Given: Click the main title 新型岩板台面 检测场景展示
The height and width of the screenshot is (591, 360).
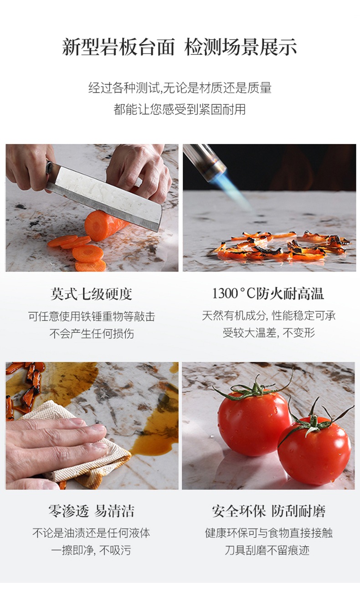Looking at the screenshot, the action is tap(180, 47).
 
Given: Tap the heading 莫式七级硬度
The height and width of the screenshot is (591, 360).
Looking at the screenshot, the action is tap(92, 294).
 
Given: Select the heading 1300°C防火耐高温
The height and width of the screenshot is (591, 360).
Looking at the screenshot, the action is tap(268, 293).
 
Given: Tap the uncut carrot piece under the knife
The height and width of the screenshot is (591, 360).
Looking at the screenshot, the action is tap(106, 226).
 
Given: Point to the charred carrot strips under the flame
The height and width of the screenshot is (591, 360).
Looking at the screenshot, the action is tap(283, 245).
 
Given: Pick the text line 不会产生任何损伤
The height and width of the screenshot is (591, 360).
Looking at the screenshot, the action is tap(92, 333).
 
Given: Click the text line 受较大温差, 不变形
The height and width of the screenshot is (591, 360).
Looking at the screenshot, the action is tap(269, 333).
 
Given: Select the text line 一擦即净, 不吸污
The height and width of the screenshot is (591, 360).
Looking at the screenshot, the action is tap(91, 550).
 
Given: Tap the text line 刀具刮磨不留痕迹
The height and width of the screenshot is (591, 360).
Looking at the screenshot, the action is tap(267, 550).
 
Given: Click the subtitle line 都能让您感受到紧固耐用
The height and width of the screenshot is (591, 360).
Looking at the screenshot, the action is tap(180, 109).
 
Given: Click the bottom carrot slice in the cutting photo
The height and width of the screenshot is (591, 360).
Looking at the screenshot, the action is tap(91, 266).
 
